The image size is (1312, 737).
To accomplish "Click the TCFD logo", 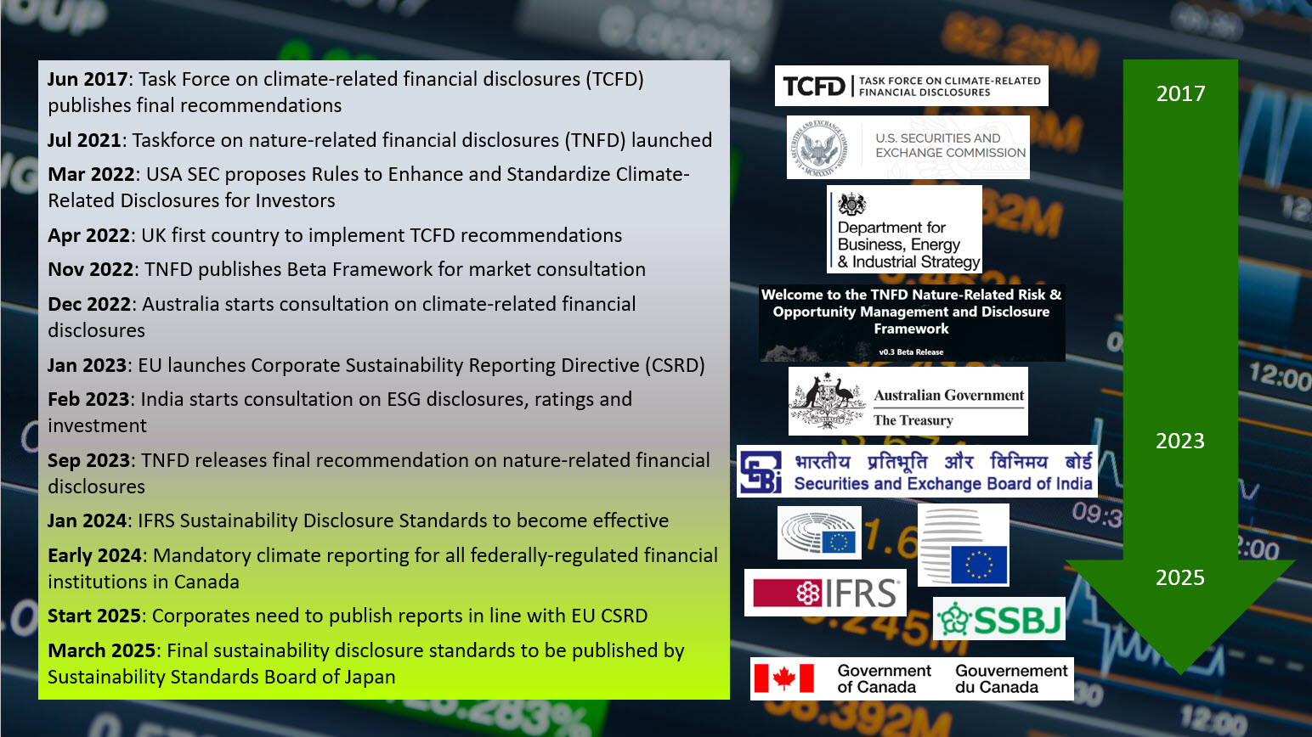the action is [912, 86].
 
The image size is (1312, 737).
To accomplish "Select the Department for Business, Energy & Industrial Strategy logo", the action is [904, 229].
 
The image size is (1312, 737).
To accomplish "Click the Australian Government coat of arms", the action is [827, 401].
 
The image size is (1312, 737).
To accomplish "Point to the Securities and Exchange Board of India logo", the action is [917, 471].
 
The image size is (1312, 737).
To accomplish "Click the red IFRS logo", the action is [825, 593].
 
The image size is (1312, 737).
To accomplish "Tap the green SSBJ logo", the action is [999, 619].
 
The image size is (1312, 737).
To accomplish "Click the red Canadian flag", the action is [783, 678].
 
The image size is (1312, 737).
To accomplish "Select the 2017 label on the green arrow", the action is [1181, 93].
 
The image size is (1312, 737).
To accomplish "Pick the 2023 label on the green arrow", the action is [1180, 441].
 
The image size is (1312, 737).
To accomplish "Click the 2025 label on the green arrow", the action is [1180, 577].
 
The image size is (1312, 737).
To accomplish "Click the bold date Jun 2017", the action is [88, 79].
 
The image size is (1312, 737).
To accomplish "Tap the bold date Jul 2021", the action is [84, 140].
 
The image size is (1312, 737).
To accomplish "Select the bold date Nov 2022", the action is [91, 269].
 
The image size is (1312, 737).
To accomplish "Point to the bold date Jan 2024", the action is [88, 520].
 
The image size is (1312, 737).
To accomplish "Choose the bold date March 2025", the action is [101, 650].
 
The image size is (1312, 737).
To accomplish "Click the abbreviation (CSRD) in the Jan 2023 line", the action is [675, 365].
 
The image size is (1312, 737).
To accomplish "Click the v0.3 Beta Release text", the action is [912, 352].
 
